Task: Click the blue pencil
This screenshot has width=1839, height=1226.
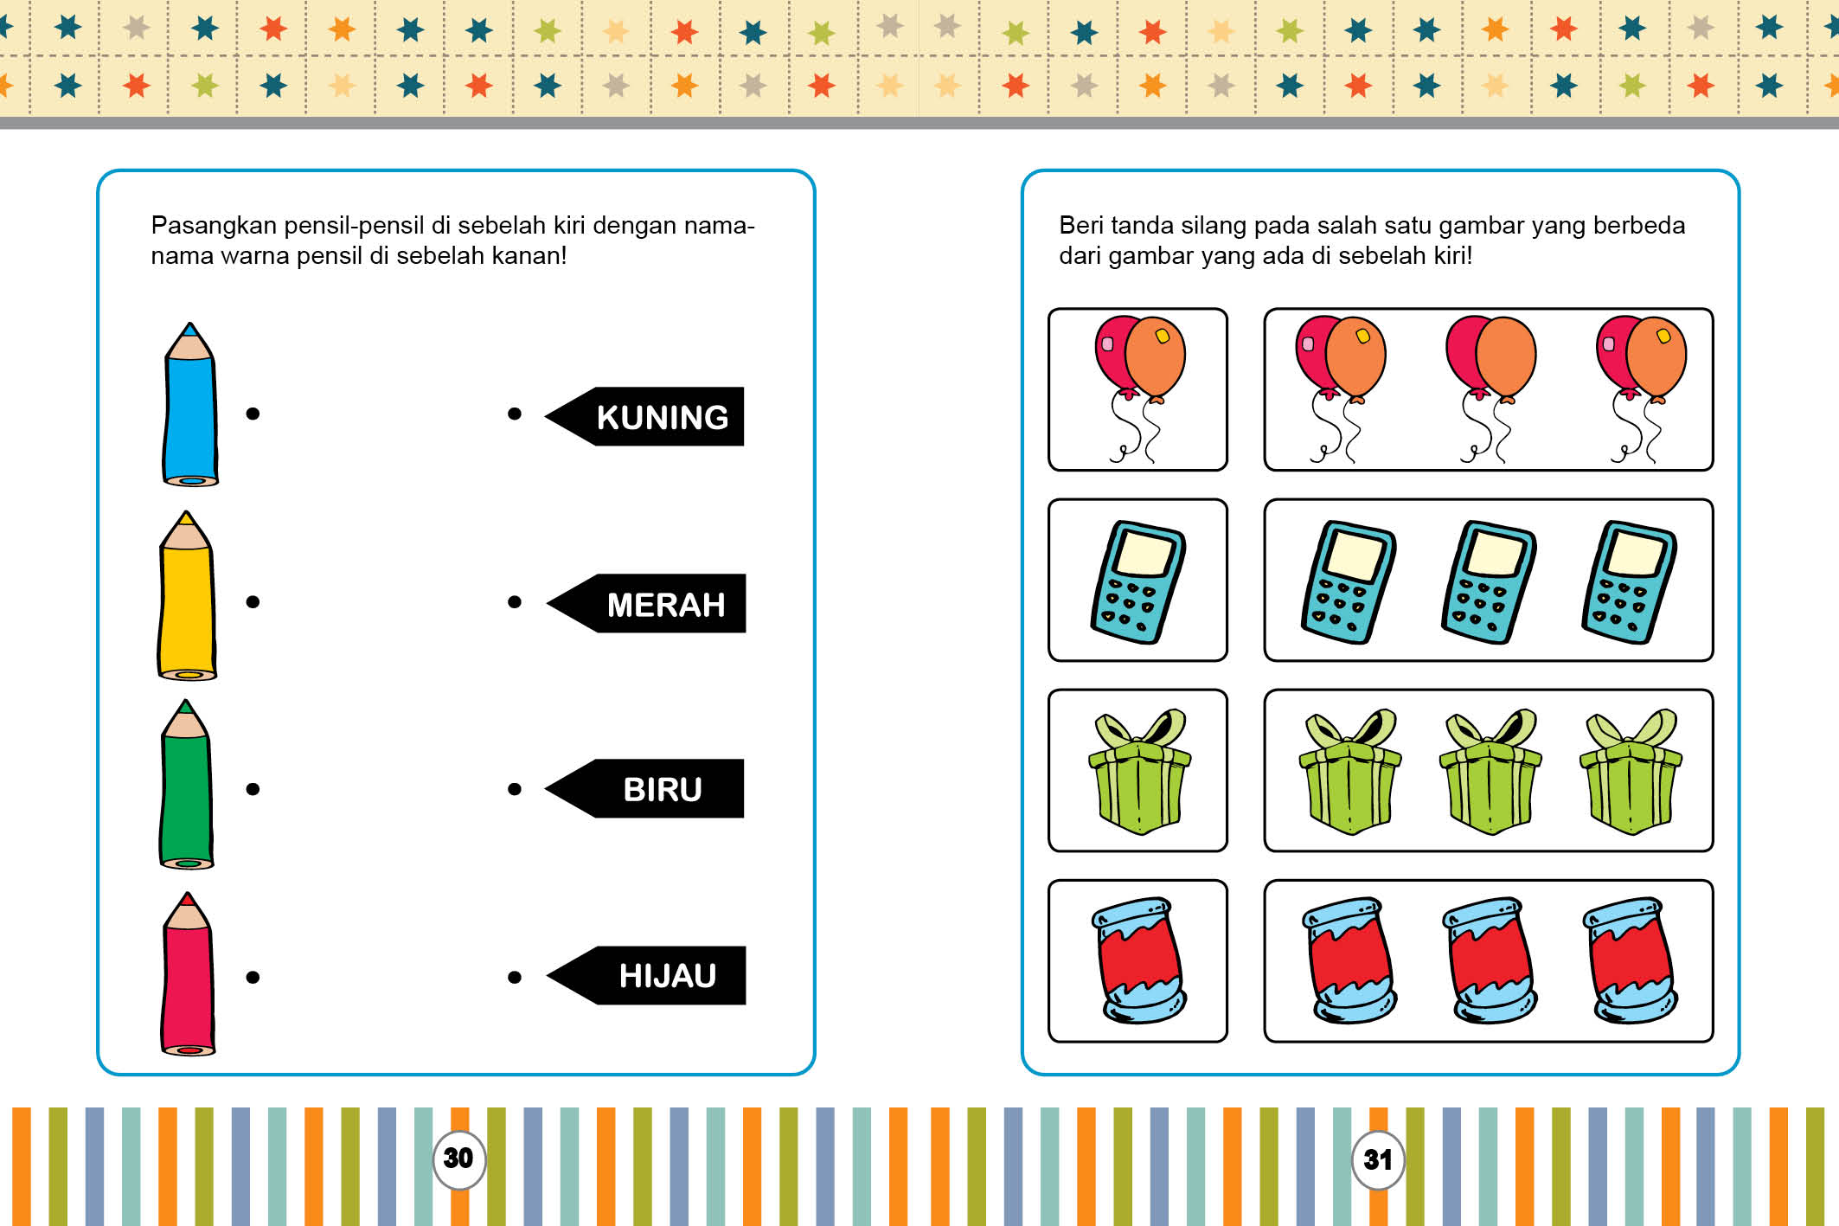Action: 190,405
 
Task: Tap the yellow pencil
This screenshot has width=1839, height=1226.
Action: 187,595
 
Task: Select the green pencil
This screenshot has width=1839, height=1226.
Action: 186,784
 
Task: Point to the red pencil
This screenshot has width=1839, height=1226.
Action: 188,973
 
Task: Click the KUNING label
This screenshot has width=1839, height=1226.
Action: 644,416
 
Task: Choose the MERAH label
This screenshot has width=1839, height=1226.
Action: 646,603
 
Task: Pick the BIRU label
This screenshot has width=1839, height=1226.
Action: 644,788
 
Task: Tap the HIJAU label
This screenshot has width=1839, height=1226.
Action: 646,975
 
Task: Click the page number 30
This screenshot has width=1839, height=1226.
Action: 458,1159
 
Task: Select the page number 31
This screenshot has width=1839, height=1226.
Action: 1378,1159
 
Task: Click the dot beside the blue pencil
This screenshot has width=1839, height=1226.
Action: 253,414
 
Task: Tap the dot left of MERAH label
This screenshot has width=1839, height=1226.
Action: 515,601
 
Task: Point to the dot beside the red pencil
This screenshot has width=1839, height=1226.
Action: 253,977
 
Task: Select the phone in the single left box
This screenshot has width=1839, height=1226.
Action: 1138,581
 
